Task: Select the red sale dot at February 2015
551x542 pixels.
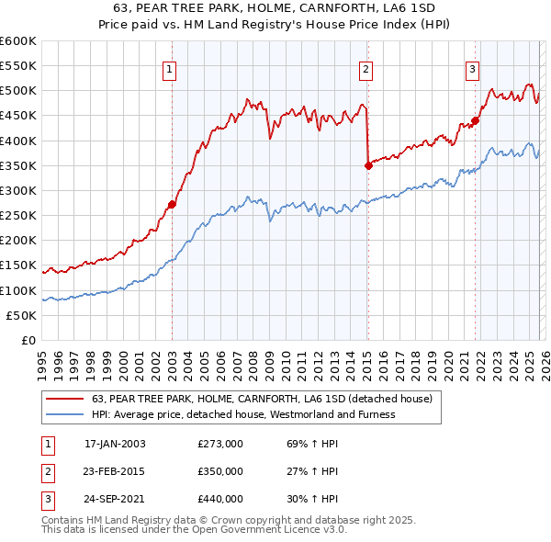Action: [367, 165]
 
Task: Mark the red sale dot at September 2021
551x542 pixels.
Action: [475, 120]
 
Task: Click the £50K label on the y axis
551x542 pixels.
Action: [21, 315]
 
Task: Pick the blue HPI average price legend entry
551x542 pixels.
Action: [243, 414]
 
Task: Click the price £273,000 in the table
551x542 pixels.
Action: [220, 443]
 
